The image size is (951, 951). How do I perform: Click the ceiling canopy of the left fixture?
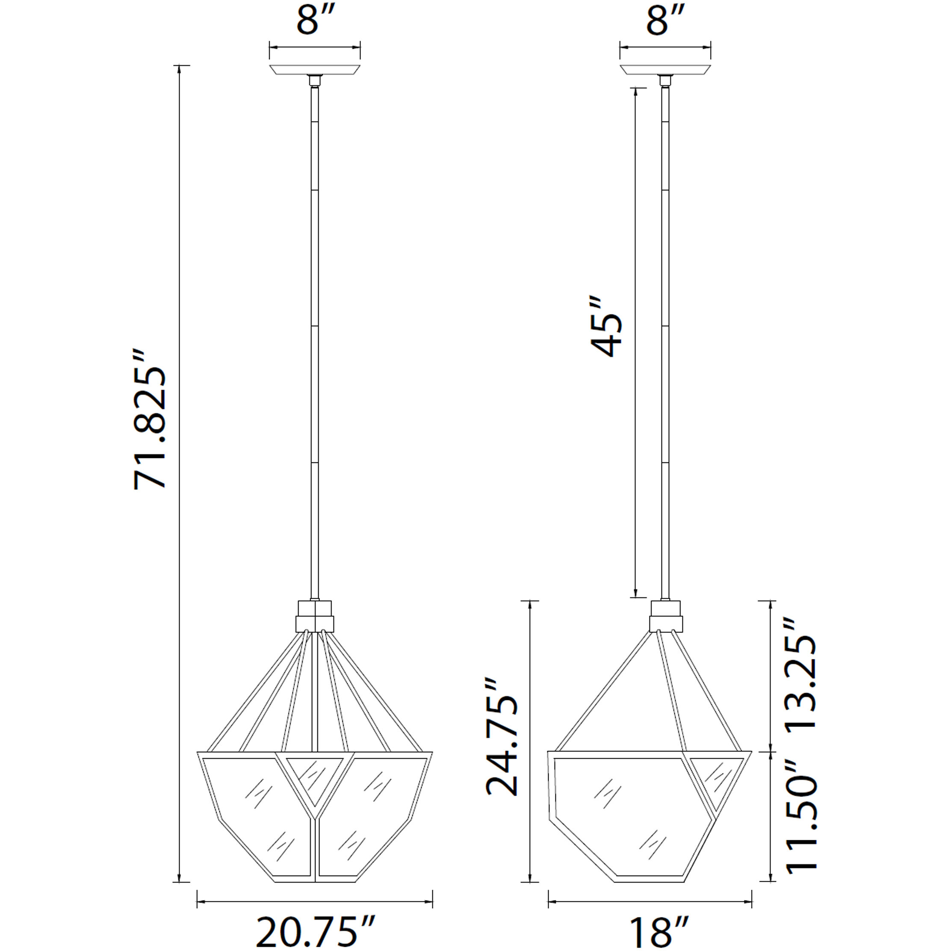[315, 70]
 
